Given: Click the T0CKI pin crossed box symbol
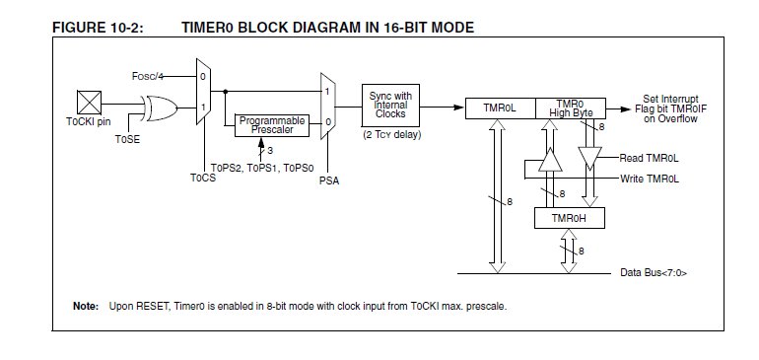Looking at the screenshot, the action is click(x=89, y=103).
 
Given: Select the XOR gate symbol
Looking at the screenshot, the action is click(x=160, y=108).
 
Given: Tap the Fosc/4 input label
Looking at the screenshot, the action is click(x=147, y=76).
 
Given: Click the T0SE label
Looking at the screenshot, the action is click(x=127, y=139).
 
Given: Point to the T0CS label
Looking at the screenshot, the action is click(x=203, y=178).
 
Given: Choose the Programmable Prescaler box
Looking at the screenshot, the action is click(x=272, y=125).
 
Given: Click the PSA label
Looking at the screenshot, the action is click(x=329, y=180).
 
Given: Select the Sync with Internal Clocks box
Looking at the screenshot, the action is click(x=390, y=106).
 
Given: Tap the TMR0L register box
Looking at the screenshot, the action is click(x=501, y=108).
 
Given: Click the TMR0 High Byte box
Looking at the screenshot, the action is click(x=571, y=108).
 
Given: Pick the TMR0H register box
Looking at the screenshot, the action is click(x=570, y=218).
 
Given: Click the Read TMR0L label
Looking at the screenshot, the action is click(x=650, y=158).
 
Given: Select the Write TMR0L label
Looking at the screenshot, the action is click(x=650, y=179).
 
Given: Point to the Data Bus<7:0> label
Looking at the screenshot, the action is click(x=654, y=273).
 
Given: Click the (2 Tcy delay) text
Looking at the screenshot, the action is click(x=392, y=135).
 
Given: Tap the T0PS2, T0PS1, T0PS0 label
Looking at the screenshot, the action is click(x=262, y=168).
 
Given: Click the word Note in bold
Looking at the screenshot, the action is click(x=86, y=306).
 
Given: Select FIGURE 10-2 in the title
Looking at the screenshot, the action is click(x=98, y=28).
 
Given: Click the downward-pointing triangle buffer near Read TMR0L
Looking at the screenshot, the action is click(x=590, y=159).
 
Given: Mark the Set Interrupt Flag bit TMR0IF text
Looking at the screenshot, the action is click(x=671, y=109).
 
